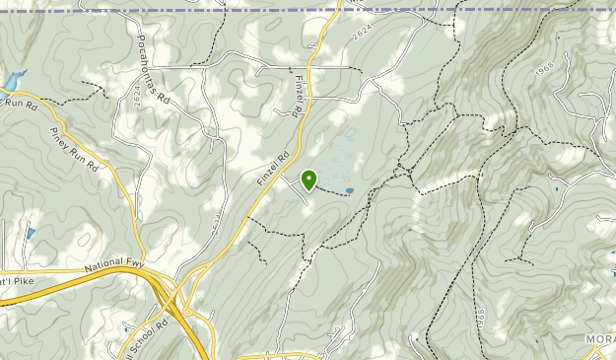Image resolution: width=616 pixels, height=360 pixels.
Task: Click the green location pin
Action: [309, 180]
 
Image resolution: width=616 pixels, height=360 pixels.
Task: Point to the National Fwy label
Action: [115, 266]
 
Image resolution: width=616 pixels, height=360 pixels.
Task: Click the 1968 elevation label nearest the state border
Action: [544, 73]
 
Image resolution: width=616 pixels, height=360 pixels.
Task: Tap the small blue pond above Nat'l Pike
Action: [30, 234]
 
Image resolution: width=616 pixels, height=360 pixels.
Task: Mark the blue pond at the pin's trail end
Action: [350, 191]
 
